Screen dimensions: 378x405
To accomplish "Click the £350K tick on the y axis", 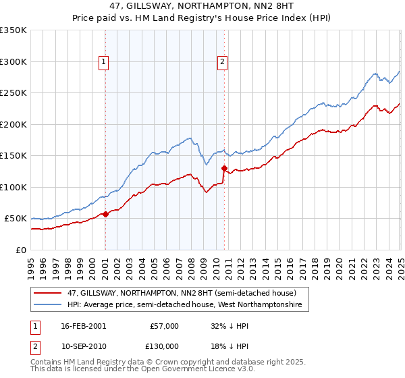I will click(13, 30).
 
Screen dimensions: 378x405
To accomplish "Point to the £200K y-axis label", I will click(13, 124).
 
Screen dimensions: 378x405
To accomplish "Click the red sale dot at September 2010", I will click(224, 168).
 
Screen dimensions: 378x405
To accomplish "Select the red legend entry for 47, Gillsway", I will click(182, 293).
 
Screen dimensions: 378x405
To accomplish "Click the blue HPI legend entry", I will click(188, 305).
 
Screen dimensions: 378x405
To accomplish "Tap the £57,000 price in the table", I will click(164, 326).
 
